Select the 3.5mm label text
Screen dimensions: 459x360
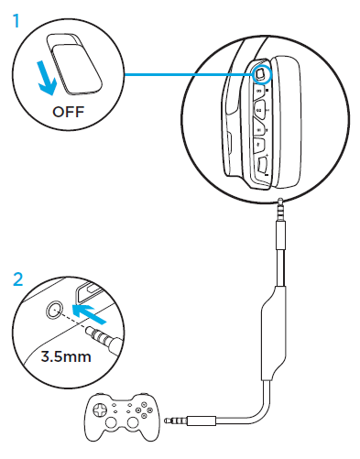pos(66,356)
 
